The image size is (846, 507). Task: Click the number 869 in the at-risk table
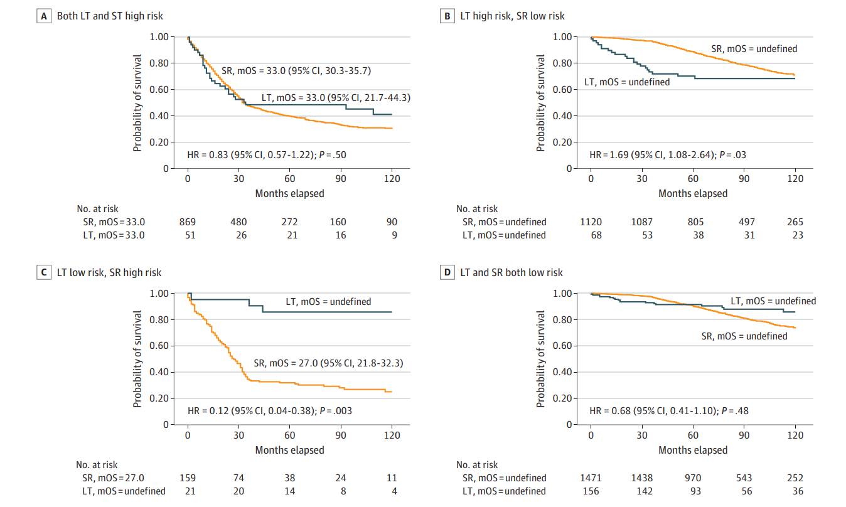[x=187, y=221]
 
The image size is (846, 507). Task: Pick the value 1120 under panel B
[x=590, y=221]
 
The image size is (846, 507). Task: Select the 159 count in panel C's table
[x=187, y=478]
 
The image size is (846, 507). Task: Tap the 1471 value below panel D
[x=590, y=478]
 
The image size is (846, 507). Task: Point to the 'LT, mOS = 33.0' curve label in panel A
[x=327, y=98]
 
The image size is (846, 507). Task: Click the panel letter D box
[x=447, y=272]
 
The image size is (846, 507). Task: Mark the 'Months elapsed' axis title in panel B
[x=693, y=193]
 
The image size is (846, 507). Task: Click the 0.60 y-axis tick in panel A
[x=159, y=90]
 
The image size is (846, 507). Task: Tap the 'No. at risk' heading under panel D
[x=477, y=465]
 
